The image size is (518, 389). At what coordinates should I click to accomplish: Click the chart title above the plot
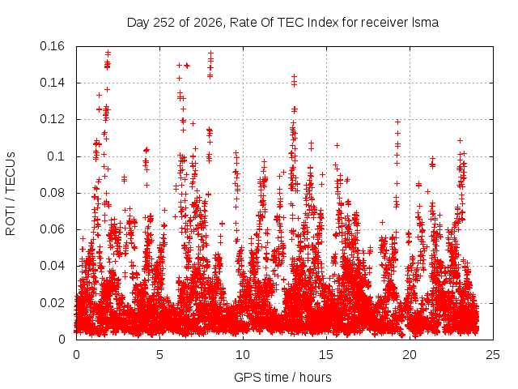point(282,23)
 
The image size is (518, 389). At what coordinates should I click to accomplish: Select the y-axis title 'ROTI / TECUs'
point(11,194)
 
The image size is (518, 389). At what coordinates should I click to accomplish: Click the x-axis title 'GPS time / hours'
point(282,377)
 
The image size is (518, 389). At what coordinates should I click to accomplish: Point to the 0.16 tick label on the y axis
point(52,46)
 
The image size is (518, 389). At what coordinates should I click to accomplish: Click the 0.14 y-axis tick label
point(52,83)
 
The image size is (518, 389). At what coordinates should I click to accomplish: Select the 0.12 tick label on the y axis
point(52,119)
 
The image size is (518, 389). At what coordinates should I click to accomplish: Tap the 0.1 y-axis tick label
point(56,156)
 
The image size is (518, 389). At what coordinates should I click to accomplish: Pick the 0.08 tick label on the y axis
point(52,193)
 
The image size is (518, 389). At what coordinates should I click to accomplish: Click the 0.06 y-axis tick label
point(52,229)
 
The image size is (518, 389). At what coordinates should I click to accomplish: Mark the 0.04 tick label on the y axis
point(52,266)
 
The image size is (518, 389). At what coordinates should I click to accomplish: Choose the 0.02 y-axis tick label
point(52,302)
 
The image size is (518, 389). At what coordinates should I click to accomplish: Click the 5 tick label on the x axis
point(160,355)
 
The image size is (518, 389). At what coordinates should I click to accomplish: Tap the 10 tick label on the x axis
point(243,355)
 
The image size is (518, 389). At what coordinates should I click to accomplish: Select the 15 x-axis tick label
point(326,355)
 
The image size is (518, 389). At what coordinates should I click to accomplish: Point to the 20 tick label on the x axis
point(410,355)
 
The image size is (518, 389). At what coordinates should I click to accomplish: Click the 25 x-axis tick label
point(493,355)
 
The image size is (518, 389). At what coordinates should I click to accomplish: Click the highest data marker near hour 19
point(397,122)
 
